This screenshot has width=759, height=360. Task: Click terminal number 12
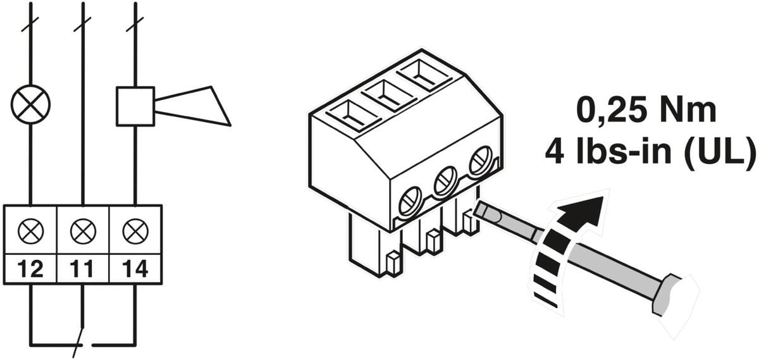pos(30,269)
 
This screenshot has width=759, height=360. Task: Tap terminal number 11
pos(82,269)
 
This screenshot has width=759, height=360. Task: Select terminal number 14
pos(135,269)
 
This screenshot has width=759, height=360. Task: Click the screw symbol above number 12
pos(31,231)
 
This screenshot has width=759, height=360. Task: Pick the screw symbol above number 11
pos(83,231)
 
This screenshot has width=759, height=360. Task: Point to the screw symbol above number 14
pos(135,231)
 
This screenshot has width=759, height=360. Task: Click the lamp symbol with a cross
pos(30,104)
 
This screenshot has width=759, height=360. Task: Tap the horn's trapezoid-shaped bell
pos(192,106)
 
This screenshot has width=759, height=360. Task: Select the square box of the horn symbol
pos(135,106)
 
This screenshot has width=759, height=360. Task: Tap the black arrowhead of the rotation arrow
pos(582,211)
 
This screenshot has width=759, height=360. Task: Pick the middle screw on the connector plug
pos(445,180)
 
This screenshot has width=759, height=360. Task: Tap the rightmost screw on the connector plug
pos(481,160)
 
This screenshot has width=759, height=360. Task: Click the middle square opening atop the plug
pos(390,96)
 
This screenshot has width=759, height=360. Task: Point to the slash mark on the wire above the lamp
pos(30,23)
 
